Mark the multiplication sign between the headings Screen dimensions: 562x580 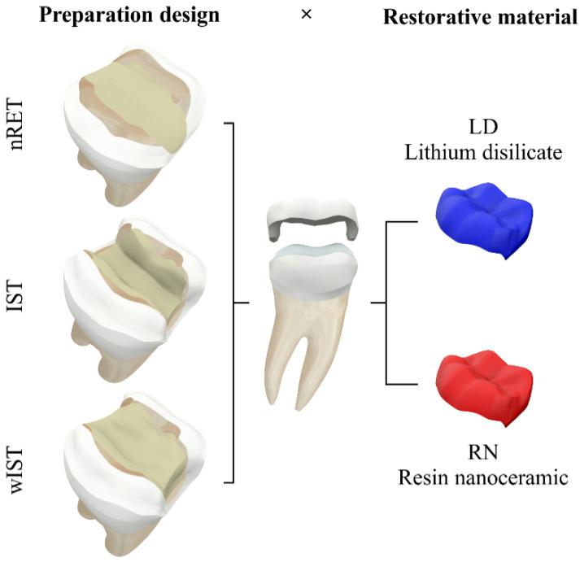[x=306, y=15]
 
